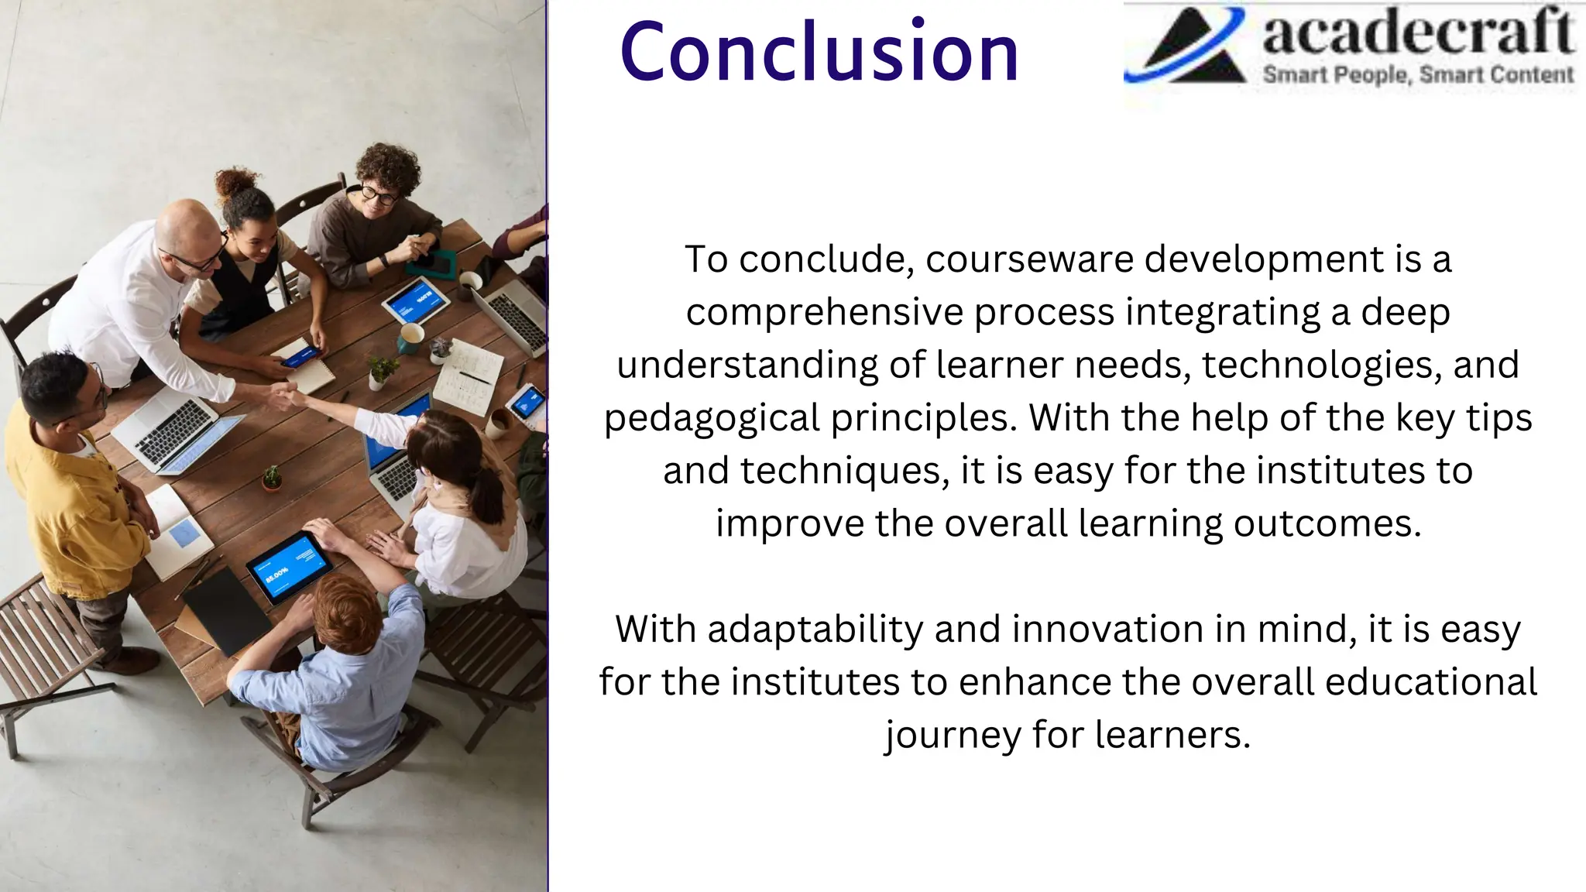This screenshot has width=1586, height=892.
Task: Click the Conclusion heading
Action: tap(819, 52)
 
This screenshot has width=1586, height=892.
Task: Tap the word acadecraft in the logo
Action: tap(1417, 33)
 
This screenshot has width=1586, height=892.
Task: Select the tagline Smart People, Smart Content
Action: tap(1417, 75)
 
